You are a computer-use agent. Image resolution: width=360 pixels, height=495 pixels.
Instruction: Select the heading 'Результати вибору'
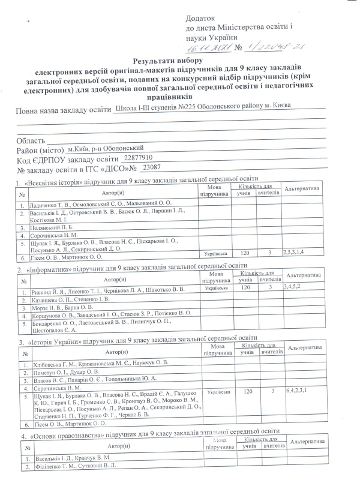click(x=169, y=61)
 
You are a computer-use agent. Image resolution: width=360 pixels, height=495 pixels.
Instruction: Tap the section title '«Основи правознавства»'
click(x=64, y=431)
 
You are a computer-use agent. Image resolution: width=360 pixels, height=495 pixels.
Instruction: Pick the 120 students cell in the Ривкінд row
click(x=245, y=288)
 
